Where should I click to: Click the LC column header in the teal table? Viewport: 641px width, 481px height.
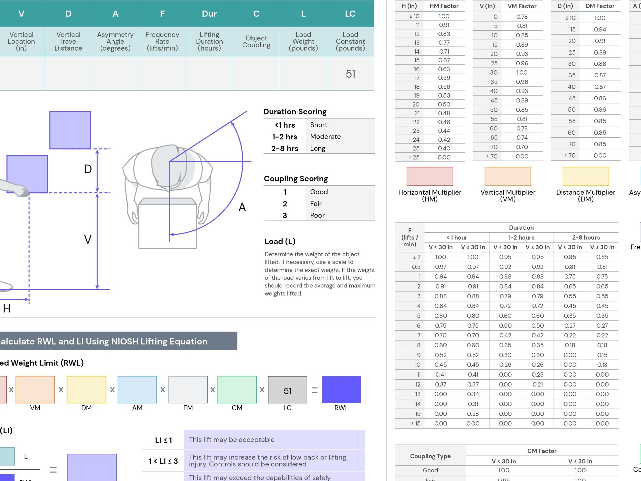click(x=350, y=14)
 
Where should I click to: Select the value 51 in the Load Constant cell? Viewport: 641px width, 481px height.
click(x=350, y=74)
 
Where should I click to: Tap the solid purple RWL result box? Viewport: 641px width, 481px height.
click(x=341, y=389)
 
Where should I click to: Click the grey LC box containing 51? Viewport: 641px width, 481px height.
click(x=287, y=389)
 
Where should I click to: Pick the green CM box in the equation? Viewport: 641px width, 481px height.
click(x=237, y=389)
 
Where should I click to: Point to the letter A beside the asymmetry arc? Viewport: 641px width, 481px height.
click(x=242, y=207)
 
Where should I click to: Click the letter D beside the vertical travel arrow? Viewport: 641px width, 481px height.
click(x=88, y=169)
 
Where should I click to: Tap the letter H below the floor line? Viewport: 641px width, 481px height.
click(x=7, y=308)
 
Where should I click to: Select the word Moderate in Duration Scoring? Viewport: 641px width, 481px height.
click(x=326, y=136)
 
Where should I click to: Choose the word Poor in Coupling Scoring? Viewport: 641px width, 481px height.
click(x=317, y=215)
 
